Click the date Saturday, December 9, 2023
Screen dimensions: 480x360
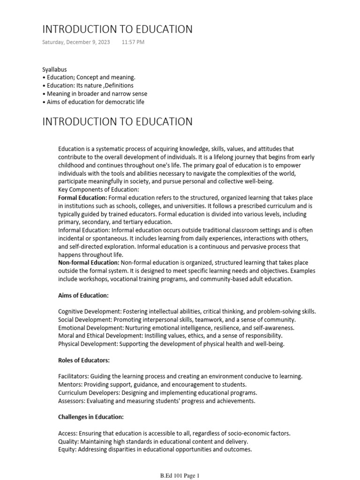coord(76,42)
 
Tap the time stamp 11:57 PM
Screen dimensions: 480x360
coord(133,42)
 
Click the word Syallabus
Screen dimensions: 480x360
coord(54,69)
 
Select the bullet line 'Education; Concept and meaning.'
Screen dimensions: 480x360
coord(91,77)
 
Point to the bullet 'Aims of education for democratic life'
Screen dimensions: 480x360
coord(95,102)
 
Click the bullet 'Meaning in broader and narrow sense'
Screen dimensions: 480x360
coord(97,94)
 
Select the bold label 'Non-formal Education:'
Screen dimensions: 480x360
coord(89,262)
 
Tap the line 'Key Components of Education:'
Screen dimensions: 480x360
coord(98,189)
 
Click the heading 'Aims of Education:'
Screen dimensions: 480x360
coord(83,295)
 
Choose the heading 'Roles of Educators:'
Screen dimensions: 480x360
coord(84,360)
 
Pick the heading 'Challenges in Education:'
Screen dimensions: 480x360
coord(91,417)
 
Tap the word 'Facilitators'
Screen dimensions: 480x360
coord(73,376)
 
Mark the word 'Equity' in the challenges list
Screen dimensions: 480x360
coord(67,449)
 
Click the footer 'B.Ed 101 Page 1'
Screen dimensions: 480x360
coord(180,476)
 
